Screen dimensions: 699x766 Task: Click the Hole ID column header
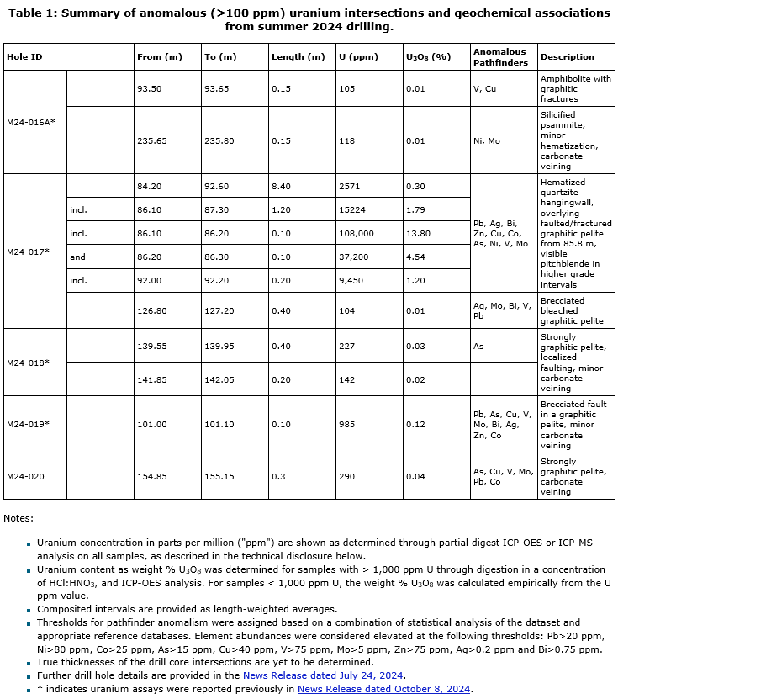24,57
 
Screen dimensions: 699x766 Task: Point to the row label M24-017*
29,252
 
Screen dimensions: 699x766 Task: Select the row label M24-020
25,477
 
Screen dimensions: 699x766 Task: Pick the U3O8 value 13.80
419,233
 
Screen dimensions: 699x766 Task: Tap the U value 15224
353,209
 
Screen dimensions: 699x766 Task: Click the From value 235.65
152,141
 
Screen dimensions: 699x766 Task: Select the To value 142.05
219,379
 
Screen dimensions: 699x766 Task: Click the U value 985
348,425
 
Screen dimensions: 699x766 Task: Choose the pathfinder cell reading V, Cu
485,88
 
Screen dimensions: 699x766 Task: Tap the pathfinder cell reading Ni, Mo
487,141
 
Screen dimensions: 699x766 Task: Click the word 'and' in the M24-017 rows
77,257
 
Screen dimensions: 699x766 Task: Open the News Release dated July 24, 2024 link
324,675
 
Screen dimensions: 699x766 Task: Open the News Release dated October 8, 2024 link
384,689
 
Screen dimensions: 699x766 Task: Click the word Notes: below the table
18,518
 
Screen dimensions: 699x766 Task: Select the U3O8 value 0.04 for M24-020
415,477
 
